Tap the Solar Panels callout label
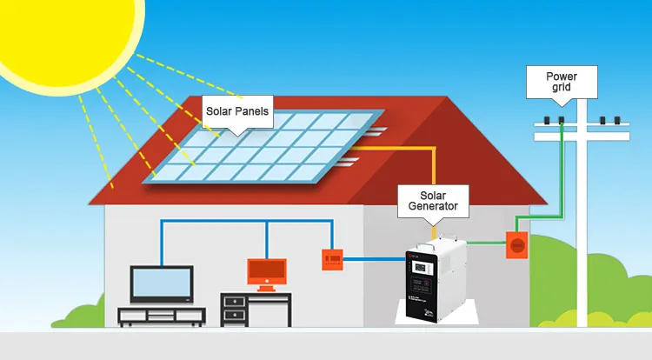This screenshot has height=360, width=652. (x=237, y=111)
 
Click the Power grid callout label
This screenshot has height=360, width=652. (x=561, y=82)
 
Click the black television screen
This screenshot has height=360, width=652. (x=162, y=283)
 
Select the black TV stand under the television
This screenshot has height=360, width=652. (x=162, y=316)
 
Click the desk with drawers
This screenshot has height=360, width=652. (x=256, y=309)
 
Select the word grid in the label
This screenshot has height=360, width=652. (x=561, y=88)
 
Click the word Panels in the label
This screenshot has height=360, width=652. (x=253, y=111)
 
